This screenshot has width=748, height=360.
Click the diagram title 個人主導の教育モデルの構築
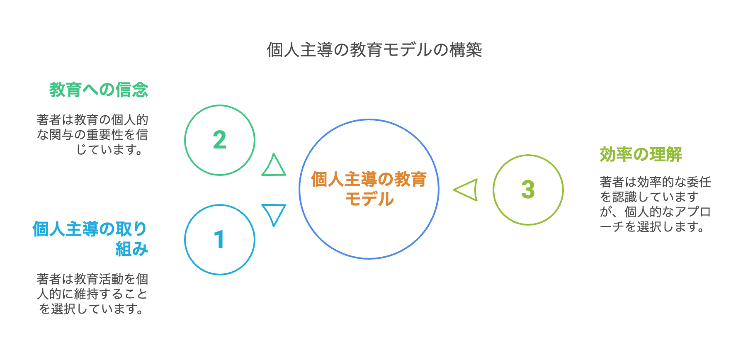click(374, 50)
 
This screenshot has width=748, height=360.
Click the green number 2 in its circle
click(219, 140)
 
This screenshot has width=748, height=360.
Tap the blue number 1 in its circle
click(219, 240)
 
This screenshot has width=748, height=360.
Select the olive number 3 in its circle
click(528, 190)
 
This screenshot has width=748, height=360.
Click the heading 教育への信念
click(99, 90)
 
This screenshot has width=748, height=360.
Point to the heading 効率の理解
click(641, 154)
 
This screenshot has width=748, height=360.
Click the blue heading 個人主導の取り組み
click(90, 238)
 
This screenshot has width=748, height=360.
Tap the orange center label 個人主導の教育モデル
click(369, 189)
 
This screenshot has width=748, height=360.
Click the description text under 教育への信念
click(92, 134)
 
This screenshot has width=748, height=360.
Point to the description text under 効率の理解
click(655, 204)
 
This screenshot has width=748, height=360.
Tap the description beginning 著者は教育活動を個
click(92, 294)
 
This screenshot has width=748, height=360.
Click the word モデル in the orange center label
click(369, 199)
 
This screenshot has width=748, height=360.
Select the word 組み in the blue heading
click(131, 249)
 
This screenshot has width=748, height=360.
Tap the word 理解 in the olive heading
click(665, 154)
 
